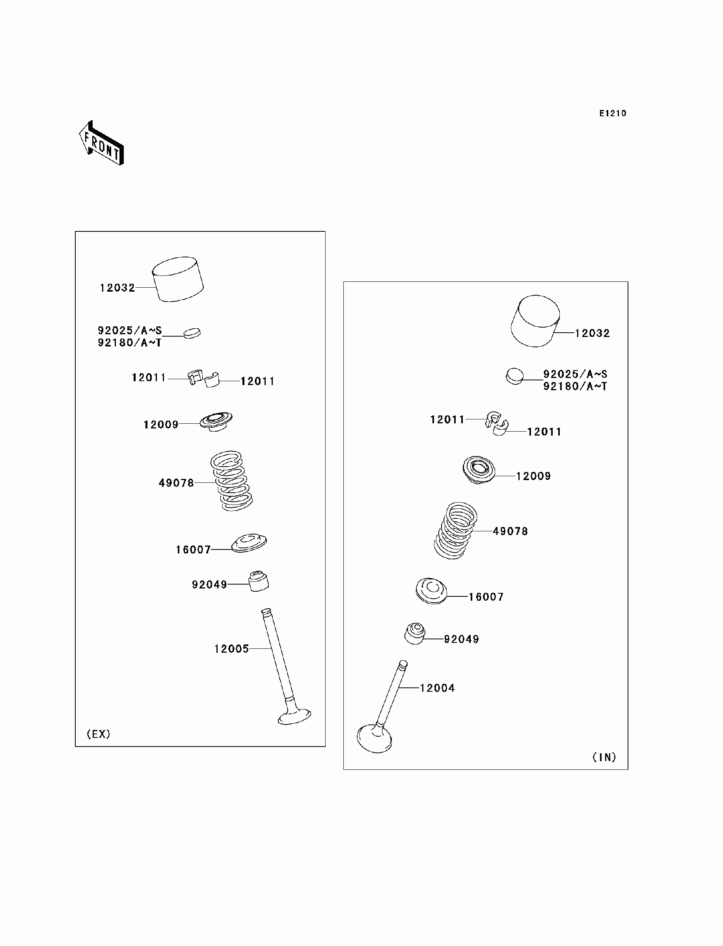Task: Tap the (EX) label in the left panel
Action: click(x=99, y=734)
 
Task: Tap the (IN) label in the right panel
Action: click(x=604, y=757)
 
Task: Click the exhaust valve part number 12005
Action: click(x=231, y=649)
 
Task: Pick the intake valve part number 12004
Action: click(x=437, y=688)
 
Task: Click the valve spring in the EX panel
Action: click(x=231, y=480)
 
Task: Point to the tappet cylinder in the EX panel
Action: click(x=178, y=279)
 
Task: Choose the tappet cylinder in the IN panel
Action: click(x=535, y=320)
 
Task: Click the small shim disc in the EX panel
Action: click(x=192, y=333)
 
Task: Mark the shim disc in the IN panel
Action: click(x=515, y=376)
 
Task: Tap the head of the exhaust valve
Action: click(x=294, y=717)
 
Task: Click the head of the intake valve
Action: click(x=375, y=738)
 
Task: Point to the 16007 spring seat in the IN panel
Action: click(x=431, y=590)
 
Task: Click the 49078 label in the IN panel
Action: click(x=511, y=531)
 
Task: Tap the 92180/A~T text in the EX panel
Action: click(x=130, y=343)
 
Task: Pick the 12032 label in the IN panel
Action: click(x=593, y=333)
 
